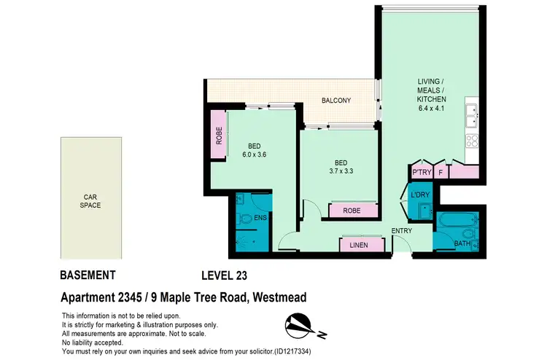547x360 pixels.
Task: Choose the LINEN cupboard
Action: (362, 246)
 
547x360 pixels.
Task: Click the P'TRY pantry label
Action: (422, 173)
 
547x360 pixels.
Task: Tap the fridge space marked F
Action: (441, 173)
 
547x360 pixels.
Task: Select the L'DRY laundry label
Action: (419, 196)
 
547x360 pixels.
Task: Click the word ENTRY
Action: (402, 232)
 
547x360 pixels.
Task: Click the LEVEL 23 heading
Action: (227, 275)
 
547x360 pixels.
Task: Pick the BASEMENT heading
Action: (87, 275)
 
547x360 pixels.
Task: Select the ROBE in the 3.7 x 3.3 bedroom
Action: (353, 211)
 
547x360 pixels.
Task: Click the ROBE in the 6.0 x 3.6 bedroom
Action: (218, 135)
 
